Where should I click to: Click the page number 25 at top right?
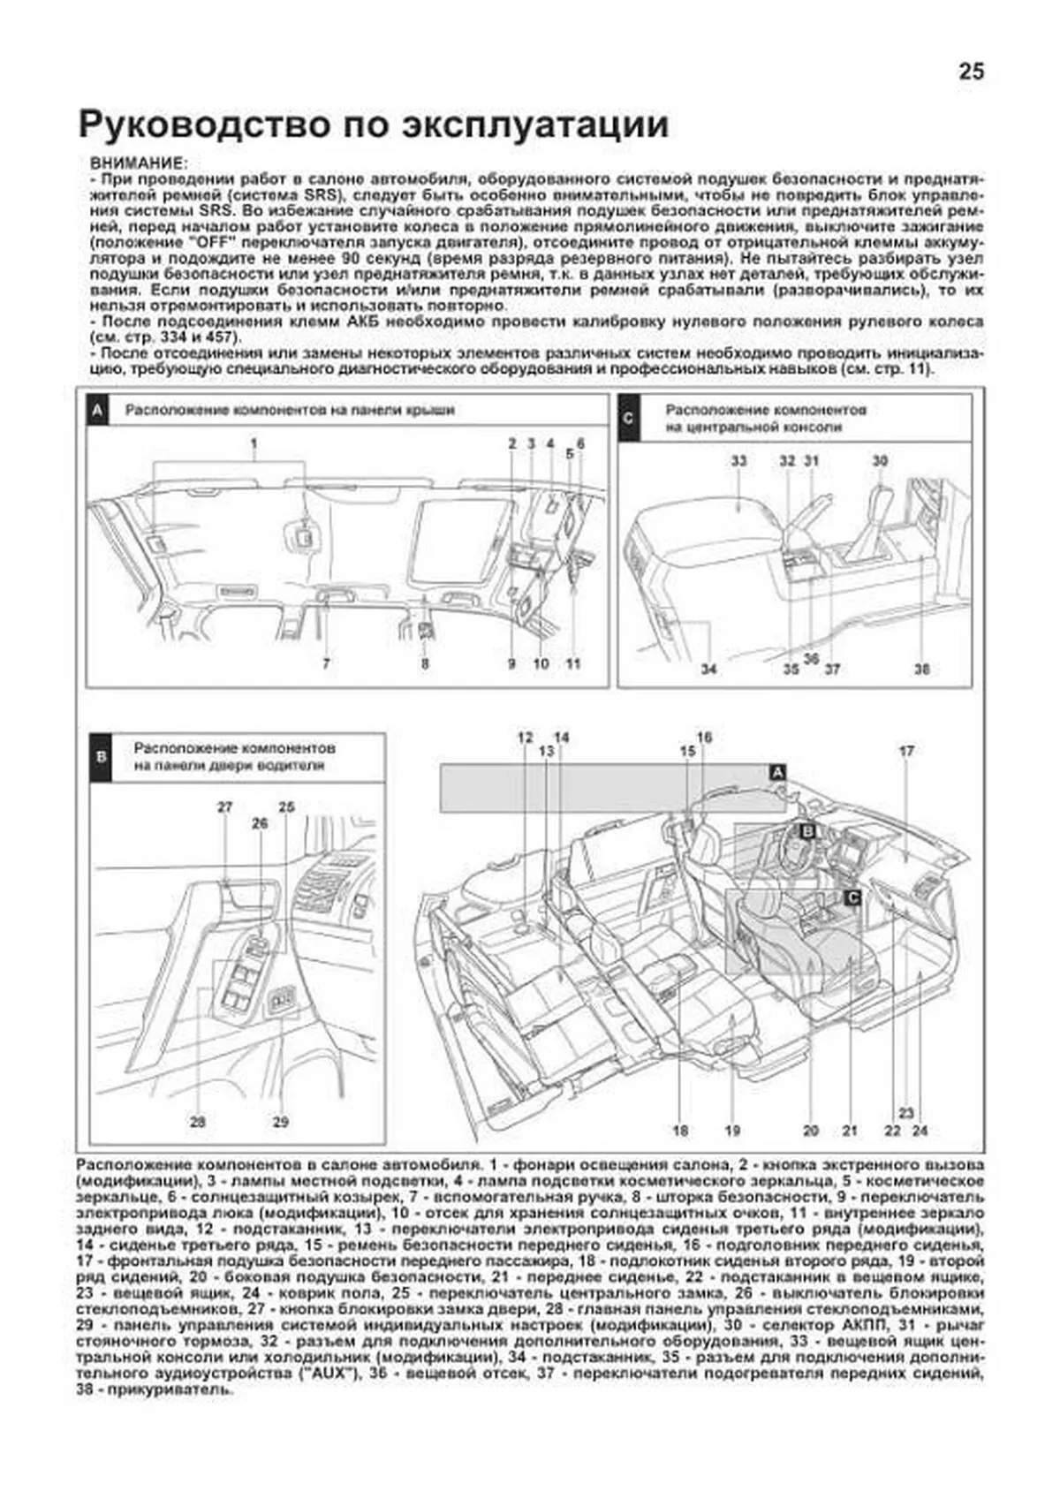(x=971, y=72)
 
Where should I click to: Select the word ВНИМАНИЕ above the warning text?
(x=138, y=164)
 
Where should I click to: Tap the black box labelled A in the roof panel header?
(x=98, y=411)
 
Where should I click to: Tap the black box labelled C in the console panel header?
(x=628, y=418)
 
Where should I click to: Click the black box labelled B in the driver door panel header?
(x=101, y=756)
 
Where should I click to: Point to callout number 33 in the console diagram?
(x=738, y=460)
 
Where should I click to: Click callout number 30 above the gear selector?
(x=879, y=460)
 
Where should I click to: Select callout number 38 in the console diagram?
(x=921, y=669)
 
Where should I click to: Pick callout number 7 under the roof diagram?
(x=326, y=662)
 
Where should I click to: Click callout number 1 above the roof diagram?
(x=254, y=443)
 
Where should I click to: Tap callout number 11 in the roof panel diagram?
(x=573, y=662)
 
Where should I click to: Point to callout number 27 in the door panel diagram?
(x=225, y=806)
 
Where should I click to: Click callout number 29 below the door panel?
(x=280, y=1122)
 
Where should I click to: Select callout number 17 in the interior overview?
(x=907, y=751)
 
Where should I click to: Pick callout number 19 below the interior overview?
(x=732, y=1130)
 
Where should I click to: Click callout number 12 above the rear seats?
(x=525, y=738)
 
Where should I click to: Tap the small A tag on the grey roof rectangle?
(x=777, y=772)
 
